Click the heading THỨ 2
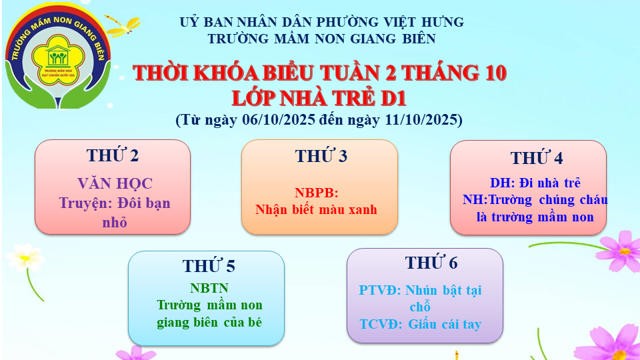(113, 155)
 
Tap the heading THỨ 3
(321, 156)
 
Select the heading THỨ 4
(537, 159)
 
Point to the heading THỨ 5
(209, 266)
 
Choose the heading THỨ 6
(431, 263)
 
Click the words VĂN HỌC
(115, 184)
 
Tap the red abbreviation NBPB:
(317, 193)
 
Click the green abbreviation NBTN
(209, 288)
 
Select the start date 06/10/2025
(279, 119)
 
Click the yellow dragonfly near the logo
(122, 25)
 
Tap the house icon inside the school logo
(57, 56)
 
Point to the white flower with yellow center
(25, 257)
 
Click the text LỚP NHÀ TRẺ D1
(319, 99)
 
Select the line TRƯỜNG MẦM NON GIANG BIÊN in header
(322, 39)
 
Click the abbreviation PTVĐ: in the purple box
(380, 290)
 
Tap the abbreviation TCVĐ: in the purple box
(381, 325)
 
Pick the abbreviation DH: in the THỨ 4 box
(503, 183)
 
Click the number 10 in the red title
(493, 73)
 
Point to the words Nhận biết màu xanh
(316, 210)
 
